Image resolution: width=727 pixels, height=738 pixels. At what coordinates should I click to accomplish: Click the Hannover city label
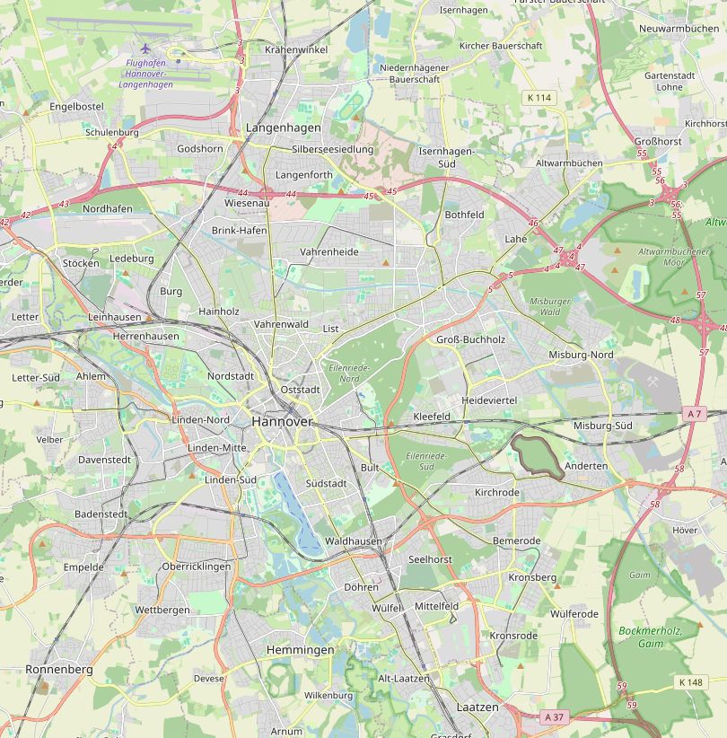(282, 421)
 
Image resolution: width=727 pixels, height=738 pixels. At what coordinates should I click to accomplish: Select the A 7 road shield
(694, 414)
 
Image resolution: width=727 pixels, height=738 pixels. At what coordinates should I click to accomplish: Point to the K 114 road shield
(539, 97)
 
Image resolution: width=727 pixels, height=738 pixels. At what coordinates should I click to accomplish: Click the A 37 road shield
(555, 716)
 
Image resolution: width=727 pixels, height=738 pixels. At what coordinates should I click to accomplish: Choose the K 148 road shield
(690, 682)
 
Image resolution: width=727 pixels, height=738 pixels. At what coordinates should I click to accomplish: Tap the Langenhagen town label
(283, 129)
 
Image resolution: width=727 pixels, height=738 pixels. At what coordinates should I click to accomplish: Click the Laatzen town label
(477, 707)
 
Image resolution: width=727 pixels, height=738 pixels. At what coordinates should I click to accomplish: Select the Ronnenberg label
(59, 670)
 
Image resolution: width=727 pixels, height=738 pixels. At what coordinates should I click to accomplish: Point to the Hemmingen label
(300, 649)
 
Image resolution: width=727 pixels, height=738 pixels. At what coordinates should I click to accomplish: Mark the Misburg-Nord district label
(581, 355)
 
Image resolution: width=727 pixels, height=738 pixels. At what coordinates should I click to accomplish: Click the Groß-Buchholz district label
(470, 339)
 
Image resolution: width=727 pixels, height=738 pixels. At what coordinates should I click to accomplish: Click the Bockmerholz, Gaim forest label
(651, 637)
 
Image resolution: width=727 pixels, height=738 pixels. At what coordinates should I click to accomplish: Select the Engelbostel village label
(76, 106)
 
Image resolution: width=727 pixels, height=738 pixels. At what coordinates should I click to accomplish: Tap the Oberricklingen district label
(197, 567)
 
